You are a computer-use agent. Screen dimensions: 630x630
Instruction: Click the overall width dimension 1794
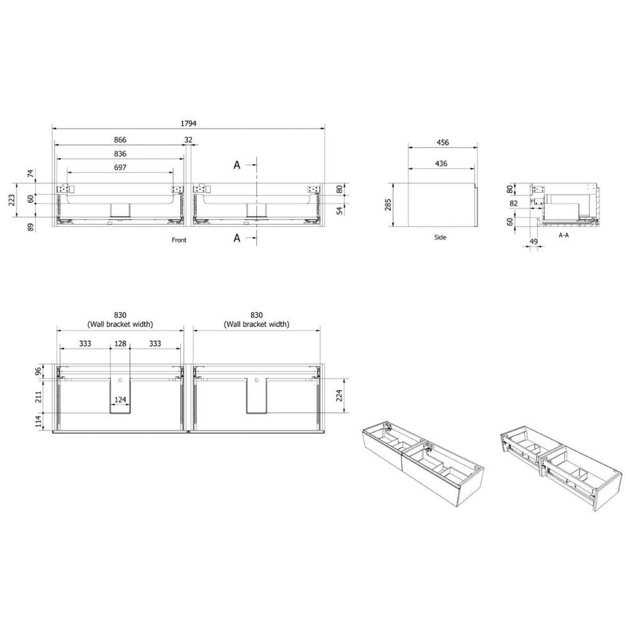(188, 123)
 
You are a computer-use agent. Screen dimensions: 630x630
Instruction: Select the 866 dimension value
(120, 140)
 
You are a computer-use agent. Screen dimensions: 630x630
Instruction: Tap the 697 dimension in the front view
(120, 168)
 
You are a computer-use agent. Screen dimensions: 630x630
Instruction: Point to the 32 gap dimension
(188, 140)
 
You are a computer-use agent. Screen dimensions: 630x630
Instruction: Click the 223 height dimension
(11, 200)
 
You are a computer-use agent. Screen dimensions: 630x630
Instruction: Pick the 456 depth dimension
(442, 143)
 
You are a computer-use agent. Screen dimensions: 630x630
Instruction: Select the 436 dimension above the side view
(441, 164)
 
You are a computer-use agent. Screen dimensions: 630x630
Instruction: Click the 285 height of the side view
(388, 204)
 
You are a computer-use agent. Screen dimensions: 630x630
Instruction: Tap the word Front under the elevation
(180, 240)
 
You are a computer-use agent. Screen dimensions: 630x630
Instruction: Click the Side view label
(440, 238)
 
